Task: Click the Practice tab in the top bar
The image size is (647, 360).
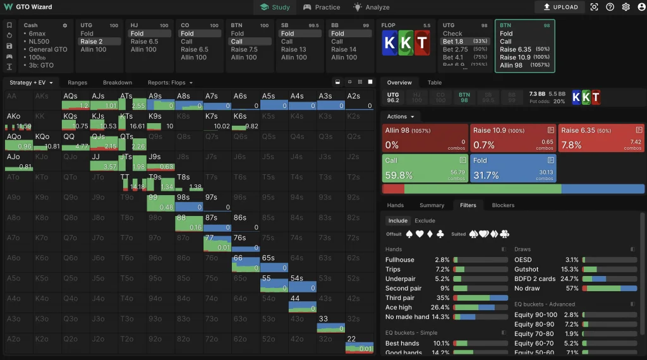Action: pos(322,8)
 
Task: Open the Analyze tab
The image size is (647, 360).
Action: pos(372,8)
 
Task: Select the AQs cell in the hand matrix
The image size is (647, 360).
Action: pos(76,101)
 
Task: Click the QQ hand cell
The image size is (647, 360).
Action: pos(76,141)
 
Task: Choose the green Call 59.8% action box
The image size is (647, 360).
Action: pos(424,169)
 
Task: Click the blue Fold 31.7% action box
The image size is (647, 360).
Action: pos(512,169)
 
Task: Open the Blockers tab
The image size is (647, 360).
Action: pos(503,205)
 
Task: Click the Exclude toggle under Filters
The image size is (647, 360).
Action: pos(425,221)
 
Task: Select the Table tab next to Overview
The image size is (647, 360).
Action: pos(435,83)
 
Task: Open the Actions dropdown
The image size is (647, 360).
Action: pos(401,117)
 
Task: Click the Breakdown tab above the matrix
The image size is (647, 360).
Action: pos(118,83)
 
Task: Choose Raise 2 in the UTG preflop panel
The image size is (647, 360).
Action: pos(92,42)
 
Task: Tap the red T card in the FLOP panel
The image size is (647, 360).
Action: pos(422,43)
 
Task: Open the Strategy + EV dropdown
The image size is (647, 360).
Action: pos(32,83)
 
